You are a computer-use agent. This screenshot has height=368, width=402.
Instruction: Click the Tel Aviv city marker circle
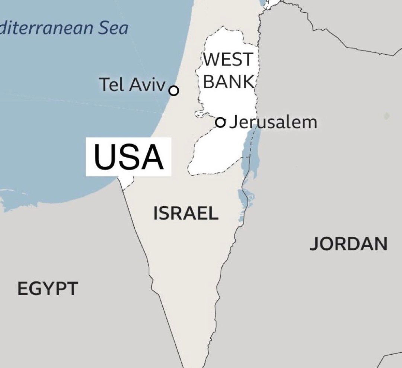tap(174, 91)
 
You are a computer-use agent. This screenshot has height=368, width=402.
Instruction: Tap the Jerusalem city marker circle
tap(221, 122)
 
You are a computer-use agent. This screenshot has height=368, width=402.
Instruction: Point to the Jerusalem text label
tap(273, 122)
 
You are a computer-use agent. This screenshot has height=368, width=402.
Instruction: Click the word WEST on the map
tap(228, 60)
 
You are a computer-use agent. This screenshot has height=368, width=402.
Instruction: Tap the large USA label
tap(129, 156)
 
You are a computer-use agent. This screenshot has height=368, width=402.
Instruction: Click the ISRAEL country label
tap(186, 213)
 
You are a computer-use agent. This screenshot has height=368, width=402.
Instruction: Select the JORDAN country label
tap(348, 244)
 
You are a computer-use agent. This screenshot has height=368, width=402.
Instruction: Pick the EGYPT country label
tap(48, 289)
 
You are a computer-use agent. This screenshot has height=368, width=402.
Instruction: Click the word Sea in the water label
tap(113, 29)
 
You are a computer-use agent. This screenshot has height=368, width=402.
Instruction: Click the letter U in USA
tap(104, 156)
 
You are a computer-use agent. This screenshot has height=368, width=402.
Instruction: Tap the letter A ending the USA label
tap(152, 156)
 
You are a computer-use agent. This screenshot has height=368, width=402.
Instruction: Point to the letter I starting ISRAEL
tap(156, 213)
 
